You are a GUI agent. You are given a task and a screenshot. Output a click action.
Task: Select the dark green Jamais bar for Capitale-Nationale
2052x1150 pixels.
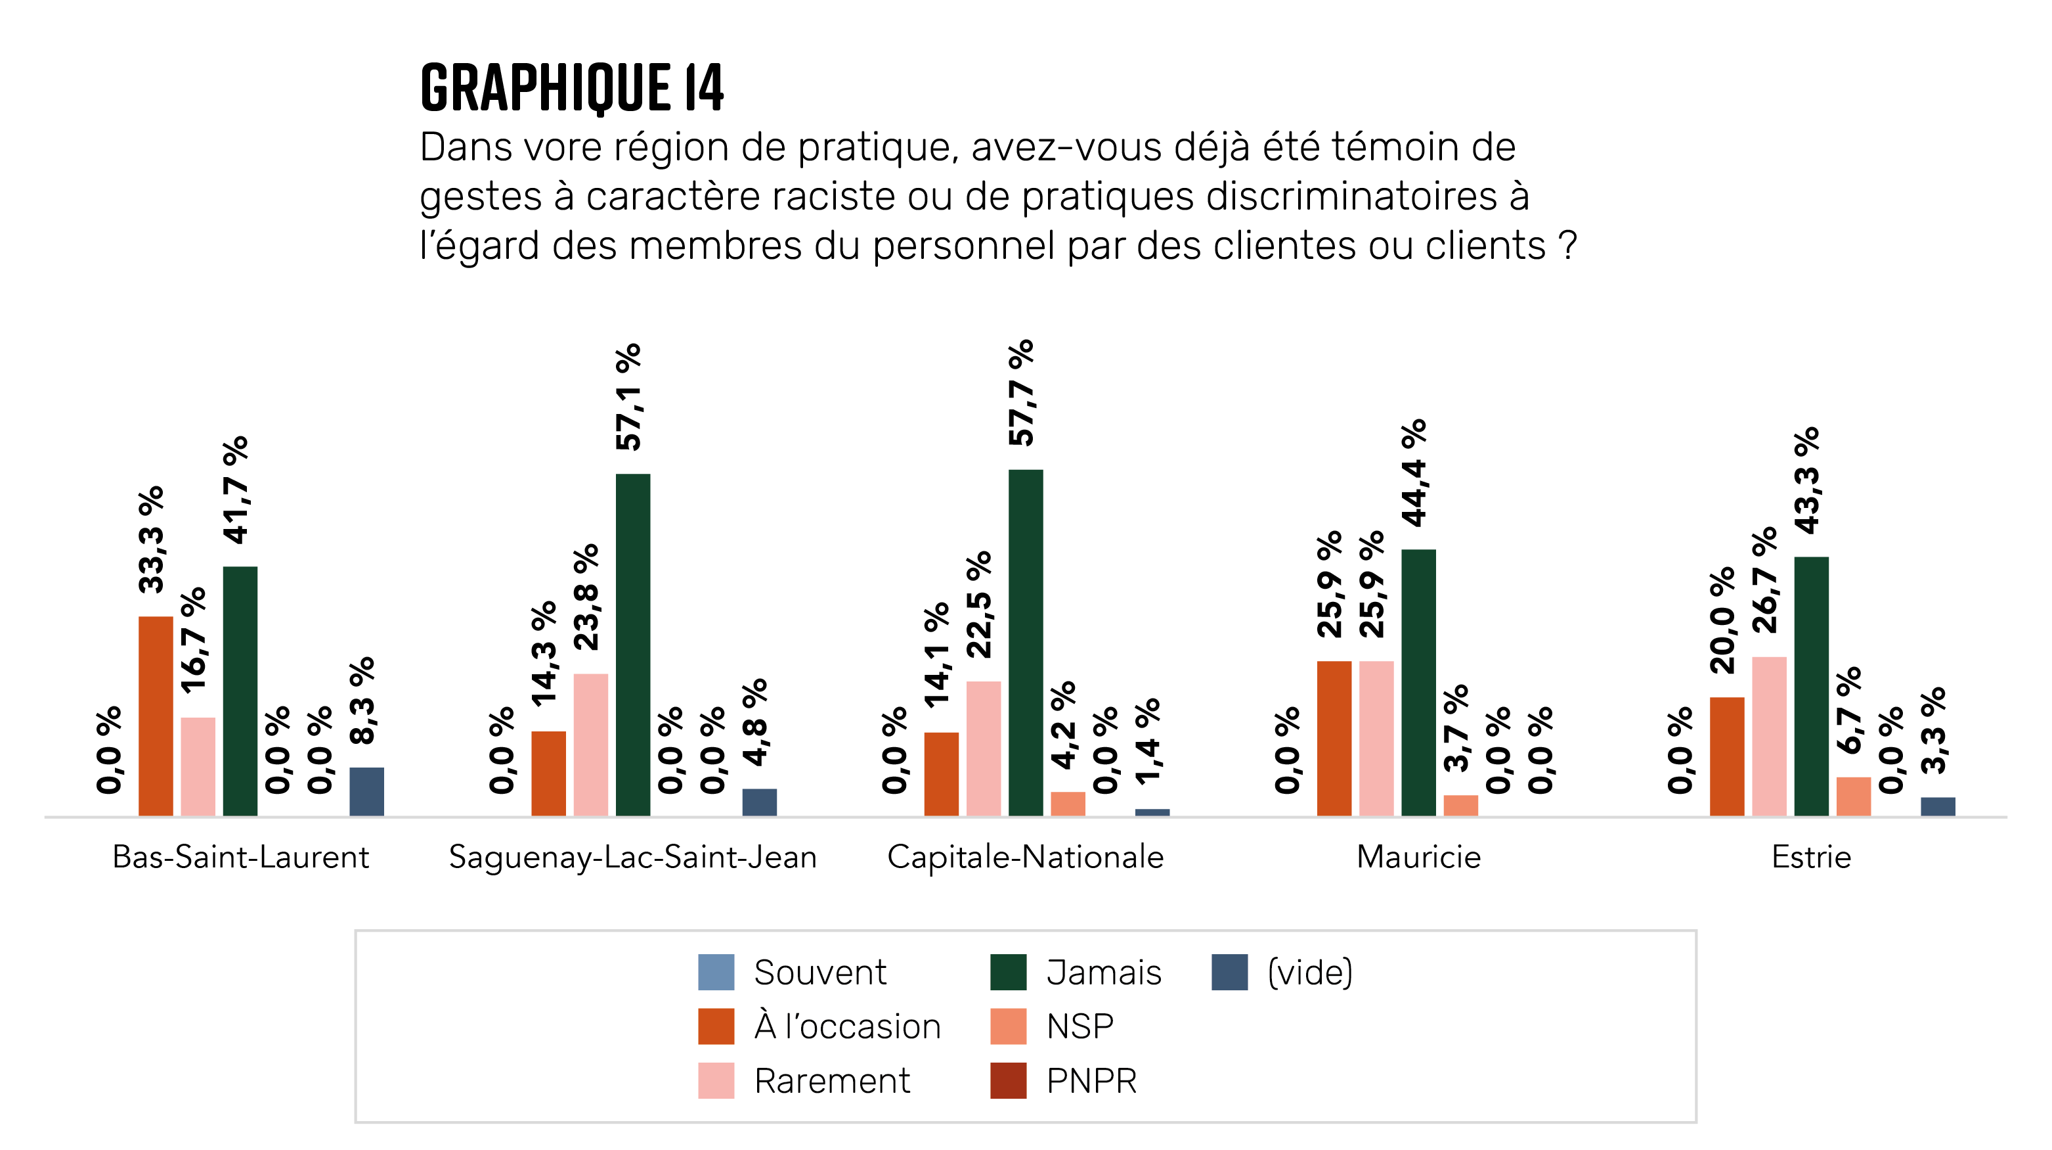pyautogui.click(x=1025, y=642)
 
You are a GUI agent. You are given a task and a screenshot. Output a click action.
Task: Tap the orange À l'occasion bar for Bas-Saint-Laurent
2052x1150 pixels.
pyautogui.click(x=156, y=716)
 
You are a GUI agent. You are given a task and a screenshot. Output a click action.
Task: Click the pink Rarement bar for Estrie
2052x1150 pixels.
pyautogui.click(x=1768, y=735)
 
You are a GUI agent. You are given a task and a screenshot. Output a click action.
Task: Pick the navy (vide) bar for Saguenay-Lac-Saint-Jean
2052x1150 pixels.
pyautogui.click(x=759, y=802)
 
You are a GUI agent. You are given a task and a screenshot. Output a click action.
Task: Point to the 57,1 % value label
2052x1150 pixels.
pyautogui.click(x=628, y=397)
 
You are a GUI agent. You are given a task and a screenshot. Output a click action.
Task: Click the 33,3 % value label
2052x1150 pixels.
pyautogui.click(x=150, y=540)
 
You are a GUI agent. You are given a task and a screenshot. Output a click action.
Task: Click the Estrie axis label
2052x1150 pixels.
pyautogui.click(x=1810, y=858)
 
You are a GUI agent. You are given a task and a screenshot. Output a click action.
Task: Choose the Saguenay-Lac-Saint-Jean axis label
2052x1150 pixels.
pyautogui.click(x=632, y=858)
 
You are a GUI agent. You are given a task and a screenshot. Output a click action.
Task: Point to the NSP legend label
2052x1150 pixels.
pyautogui.click(x=1080, y=1026)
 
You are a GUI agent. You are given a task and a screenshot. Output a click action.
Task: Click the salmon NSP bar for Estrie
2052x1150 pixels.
pyautogui.click(x=1853, y=796)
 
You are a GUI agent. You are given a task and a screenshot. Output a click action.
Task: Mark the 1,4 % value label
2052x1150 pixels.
pyautogui.click(x=1147, y=741)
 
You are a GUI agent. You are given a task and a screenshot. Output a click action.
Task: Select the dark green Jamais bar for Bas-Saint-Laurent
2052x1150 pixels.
pyautogui.click(x=240, y=691)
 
